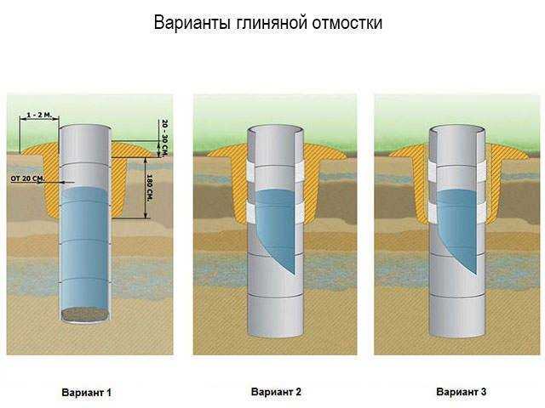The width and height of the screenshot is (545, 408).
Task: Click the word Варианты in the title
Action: [188, 23]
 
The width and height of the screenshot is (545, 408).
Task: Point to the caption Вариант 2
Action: [276, 392]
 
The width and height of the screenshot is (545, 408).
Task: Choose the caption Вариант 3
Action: [461, 392]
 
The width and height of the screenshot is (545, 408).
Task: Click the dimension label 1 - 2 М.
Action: [38, 113]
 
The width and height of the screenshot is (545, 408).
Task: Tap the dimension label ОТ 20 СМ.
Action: [27, 178]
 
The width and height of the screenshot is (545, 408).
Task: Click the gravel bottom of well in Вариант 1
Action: [85, 314]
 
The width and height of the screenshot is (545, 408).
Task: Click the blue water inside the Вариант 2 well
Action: [278, 225]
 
